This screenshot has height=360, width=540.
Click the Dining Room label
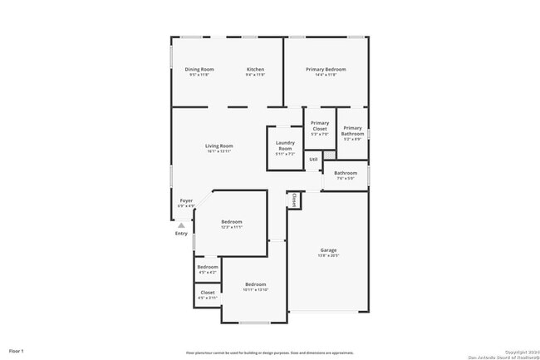pos(199,69)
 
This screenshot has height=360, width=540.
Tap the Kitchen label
pos(255,69)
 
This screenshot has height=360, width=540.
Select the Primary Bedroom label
pos(326,69)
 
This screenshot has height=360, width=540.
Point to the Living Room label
pos(219,146)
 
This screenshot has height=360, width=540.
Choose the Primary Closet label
pos(320,126)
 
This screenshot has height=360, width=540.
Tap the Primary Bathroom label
pos(353,131)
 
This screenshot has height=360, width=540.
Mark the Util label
pos(313,160)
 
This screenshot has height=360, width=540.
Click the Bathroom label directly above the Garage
pos(346,173)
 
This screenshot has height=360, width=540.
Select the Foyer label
pos(186,201)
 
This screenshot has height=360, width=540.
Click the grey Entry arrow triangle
pos(181,224)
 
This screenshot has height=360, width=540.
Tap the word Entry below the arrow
pos(181,234)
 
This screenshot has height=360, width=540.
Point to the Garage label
pos(329,249)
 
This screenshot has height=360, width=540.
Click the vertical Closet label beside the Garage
pos(294,200)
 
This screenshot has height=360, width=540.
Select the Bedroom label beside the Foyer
pos(232,221)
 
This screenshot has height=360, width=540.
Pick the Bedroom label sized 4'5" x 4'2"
pos(208,267)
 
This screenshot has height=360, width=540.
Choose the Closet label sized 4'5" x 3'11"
pos(208,293)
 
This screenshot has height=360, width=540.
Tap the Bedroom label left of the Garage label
pos(255,284)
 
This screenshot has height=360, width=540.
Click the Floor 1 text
pos(17,352)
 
